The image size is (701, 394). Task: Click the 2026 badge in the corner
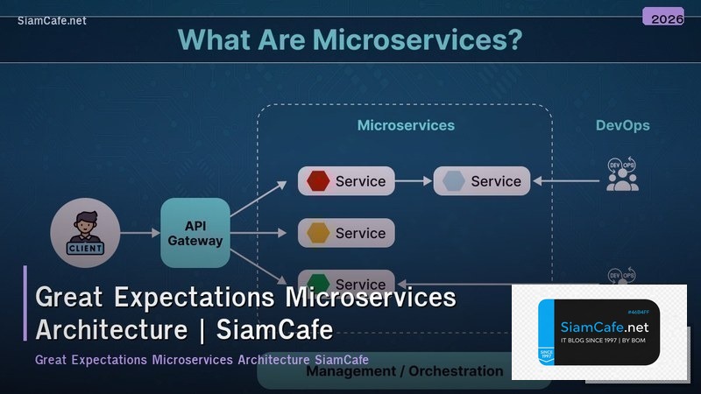pyautogui.click(x=662, y=17)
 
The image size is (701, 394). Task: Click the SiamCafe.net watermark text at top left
pyautogui.click(x=52, y=21)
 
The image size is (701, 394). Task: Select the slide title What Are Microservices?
pyautogui.click(x=350, y=39)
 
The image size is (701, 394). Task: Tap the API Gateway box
pyautogui.click(x=195, y=232)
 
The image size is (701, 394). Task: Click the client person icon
pyautogui.click(x=84, y=232)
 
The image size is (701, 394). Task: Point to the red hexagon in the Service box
pyautogui.click(x=319, y=181)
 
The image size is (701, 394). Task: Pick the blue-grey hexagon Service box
pyautogui.click(x=481, y=181)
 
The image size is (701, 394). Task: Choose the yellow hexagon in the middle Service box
pyautogui.click(x=319, y=233)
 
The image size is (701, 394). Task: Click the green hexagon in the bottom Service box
pyautogui.click(x=319, y=283)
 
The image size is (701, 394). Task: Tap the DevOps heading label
pyautogui.click(x=622, y=125)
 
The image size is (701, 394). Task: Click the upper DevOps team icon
pyautogui.click(x=622, y=174)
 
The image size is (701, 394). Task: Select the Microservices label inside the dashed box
pyautogui.click(x=406, y=125)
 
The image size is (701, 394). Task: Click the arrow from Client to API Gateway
pyautogui.click(x=138, y=233)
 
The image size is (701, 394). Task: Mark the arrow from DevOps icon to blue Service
pyautogui.click(x=569, y=181)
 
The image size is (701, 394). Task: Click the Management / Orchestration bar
pyautogui.click(x=404, y=371)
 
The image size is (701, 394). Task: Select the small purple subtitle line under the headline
pyautogui.click(x=202, y=360)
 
